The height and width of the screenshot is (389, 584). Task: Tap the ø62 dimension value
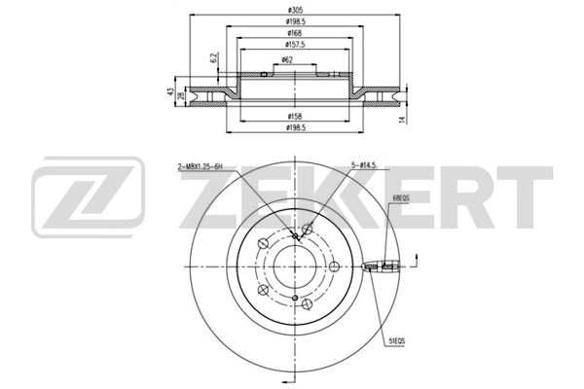pyautogui.click(x=288, y=60)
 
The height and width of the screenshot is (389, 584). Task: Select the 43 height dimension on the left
pyautogui.click(x=168, y=93)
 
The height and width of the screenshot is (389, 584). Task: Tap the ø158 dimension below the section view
pyautogui.click(x=294, y=115)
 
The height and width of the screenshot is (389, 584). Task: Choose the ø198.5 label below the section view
pyautogui.click(x=294, y=127)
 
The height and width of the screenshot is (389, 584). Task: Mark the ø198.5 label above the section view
pyautogui.click(x=294, y=21)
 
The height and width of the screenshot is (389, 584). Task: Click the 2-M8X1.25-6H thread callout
pyautogui.click(x=205, y=167)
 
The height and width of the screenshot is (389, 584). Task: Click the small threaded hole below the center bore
pyautogui.click(x=294, y=298)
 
